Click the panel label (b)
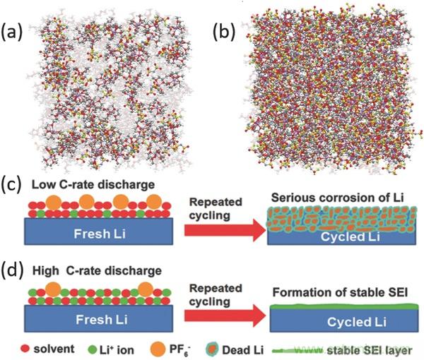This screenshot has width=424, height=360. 225,30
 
